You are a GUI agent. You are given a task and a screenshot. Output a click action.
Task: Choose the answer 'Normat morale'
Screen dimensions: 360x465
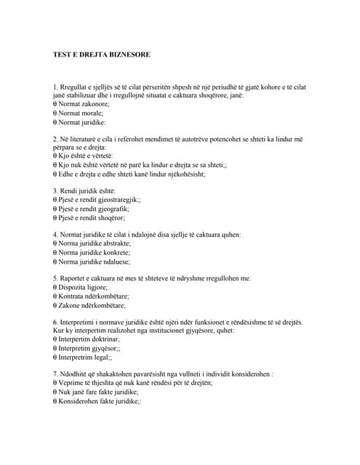click(x=78, y=113)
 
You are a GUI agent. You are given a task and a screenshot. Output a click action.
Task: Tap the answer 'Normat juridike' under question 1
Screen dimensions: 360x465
click(x=79, y=123)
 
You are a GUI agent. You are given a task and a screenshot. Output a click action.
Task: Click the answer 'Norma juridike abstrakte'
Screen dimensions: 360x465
click(x=92, y=243)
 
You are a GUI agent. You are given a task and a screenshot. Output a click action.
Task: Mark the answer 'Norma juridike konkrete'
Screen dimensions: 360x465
click(x=92, y=252)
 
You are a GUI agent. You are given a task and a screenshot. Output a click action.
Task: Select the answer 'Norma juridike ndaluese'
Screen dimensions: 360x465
click(x=92, y=262)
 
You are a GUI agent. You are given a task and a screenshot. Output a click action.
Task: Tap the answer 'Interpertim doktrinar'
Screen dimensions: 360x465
click(x=87, y=339)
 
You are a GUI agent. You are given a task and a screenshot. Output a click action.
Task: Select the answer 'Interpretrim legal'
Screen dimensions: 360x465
click(x=83, y=357)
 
